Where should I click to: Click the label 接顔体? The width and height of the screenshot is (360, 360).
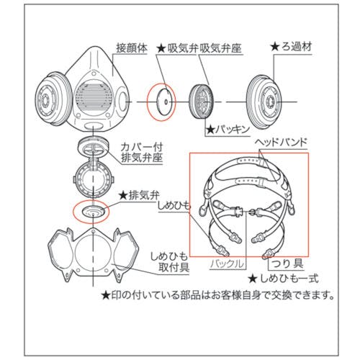coord(132,48)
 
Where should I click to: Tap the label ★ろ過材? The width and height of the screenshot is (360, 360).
coord(291,47)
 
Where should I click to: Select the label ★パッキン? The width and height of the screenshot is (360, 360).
coord(228,130)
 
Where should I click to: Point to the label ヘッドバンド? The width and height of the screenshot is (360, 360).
coord(281,143)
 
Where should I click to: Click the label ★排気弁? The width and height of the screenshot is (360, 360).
coord(139,196)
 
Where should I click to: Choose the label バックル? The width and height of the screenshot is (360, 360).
coord(228,264)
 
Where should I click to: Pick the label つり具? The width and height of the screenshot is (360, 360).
coord(287,264)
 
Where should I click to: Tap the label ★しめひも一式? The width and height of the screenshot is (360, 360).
coord(284,279)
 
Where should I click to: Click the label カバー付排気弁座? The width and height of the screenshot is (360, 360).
coord(142,153)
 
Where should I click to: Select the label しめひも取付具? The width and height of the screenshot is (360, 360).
coord(168,262)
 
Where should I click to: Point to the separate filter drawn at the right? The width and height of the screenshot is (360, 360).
coord(264,102)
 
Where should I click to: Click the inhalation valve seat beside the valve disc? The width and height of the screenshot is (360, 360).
coord(201,102)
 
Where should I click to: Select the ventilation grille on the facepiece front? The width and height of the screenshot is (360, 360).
coord(92,96)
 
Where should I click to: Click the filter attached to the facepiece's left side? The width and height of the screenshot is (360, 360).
coord(53,99)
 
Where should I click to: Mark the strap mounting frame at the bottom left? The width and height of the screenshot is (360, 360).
coord(93,254)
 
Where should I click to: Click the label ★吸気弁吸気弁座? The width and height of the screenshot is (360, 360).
coord(199,49)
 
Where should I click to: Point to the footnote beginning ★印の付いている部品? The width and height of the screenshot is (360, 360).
coord(217,295)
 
